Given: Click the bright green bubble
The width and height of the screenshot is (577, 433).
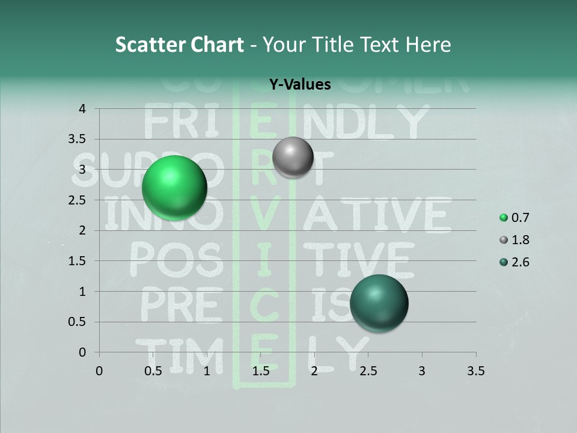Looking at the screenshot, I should pos(174,188).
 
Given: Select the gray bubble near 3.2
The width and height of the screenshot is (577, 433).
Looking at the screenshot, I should pos(293,157).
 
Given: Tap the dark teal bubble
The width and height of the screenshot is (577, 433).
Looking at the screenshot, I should pos(379,303).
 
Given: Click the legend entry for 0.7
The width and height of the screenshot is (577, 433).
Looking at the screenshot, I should pos(514,218).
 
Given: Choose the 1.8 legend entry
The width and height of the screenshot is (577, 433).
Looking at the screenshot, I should pos(514,240).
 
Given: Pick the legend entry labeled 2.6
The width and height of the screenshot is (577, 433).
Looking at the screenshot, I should pos(514,262).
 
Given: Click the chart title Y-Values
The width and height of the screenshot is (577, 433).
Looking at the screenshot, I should pos(300,85).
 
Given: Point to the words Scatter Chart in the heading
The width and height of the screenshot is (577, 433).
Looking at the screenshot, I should pos(179,45).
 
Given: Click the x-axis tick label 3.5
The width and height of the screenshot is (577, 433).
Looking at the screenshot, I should pos(475,371).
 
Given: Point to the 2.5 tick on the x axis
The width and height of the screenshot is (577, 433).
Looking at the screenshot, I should pos(368,371).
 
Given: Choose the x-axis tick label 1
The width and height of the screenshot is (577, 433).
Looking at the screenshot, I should pos(207,371).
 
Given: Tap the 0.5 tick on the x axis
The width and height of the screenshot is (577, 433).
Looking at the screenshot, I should pos(153,371).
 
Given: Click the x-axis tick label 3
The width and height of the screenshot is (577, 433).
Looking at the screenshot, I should pos(422,371).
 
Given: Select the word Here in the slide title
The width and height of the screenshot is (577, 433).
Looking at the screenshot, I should pos(429,45).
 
